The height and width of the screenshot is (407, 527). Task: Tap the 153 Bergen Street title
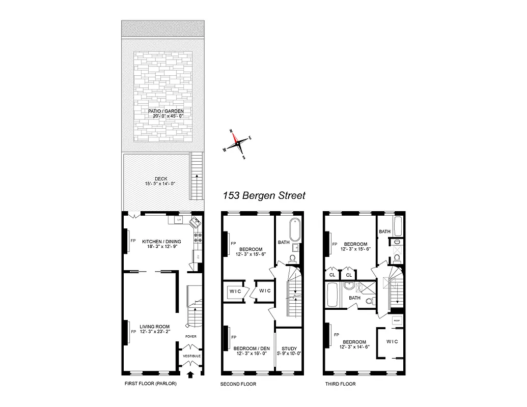tap(264, 195)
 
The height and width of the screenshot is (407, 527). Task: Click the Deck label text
tap(161, 179)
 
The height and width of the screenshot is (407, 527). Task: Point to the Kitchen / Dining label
tap(161, 241)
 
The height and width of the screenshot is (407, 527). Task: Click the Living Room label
tap(155, 327)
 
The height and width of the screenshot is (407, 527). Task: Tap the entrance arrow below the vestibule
tap(191, 376)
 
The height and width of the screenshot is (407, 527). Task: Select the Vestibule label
tap(191, 356)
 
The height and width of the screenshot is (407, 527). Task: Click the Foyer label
tap(191, 336)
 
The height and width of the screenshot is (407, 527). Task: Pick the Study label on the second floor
tap(289, 348)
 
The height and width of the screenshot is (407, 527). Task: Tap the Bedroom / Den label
tap(250, 348)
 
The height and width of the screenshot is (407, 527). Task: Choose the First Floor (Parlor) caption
tap(150, 384)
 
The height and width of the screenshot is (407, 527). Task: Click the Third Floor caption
tap(340, 384)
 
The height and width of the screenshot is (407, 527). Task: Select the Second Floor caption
tap(238, 384)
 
